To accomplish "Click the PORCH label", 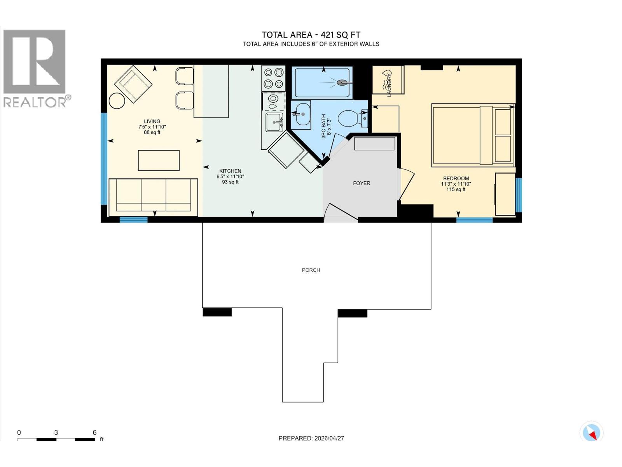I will pos(311,270).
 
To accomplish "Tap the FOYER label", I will pos(361,183).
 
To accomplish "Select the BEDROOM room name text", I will pos(456,178).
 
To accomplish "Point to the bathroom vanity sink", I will pos(301,114).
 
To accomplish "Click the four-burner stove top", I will pos(273,78).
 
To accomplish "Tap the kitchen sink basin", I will pos(274,122).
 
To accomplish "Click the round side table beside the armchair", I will pos(117,101).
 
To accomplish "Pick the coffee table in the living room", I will pos(159,160).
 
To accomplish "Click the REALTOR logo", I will pos(35,68).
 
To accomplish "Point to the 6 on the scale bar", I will pos(94,432).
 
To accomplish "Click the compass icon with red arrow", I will pos(591,432).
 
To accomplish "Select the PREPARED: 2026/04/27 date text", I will pos(311,438).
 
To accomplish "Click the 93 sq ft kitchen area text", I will pos(230,182).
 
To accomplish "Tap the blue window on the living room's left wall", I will pos(104,158).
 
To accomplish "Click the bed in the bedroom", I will pos(473,135).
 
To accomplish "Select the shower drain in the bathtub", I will pos(341,83).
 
